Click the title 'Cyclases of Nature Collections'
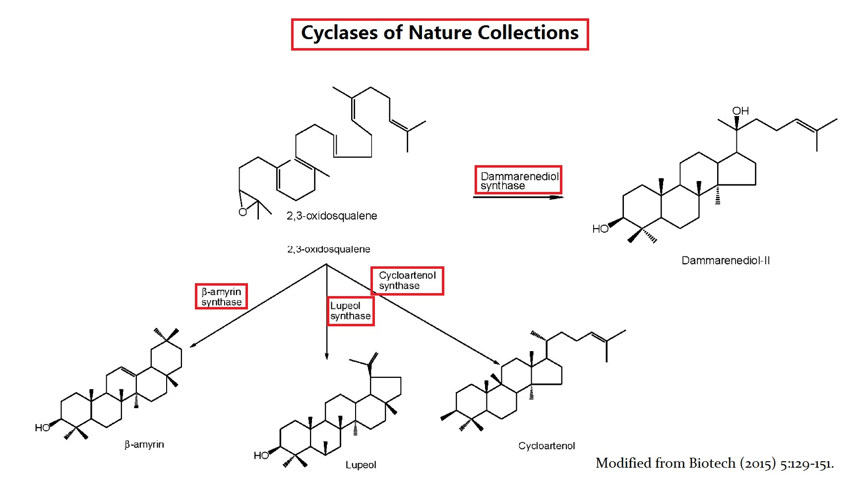click(439, 34)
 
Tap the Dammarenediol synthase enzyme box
click(518, 180)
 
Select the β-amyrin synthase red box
click(221, 297)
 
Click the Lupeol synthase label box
click(350, 311)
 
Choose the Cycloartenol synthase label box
click(407, 281)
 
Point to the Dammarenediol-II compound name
click(726, 260)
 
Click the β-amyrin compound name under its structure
click(144, 444)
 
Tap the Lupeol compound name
click(361, 465)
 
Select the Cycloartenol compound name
click(547, 446)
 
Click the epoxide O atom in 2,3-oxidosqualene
click(243, 212)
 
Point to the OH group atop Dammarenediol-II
click(740, 111)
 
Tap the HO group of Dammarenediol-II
click(600, 229)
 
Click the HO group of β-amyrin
click(42, 427)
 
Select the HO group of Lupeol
click(261, 455)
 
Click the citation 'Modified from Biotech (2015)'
click(714, 463)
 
